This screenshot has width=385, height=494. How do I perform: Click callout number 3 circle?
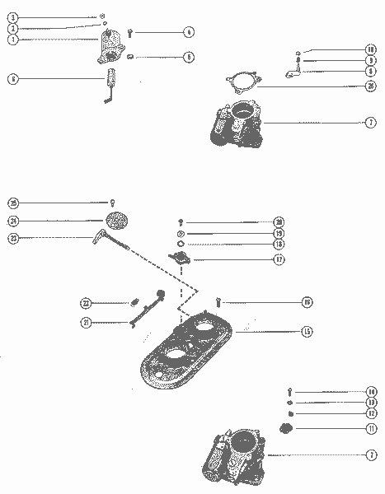pos(12,16)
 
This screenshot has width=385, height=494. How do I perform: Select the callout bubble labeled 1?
pos(12,39)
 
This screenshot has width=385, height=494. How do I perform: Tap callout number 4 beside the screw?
pos(189,33)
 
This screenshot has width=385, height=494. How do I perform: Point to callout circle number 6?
pos(12,79)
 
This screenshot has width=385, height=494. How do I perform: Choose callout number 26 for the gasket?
pos(372,86)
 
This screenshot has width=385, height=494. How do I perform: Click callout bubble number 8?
pos(372,72)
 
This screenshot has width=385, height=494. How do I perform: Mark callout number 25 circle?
pos(12,203)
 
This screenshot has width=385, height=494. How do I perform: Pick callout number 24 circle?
pos(12,220)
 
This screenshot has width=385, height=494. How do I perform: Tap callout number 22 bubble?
pos(86,302)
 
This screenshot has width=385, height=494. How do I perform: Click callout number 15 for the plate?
pos(306,332)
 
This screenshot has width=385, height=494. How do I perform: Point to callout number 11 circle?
pos(372,429)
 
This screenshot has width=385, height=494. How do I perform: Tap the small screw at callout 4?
pos(131,34)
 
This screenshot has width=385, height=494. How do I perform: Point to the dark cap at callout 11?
pos(287,428)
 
